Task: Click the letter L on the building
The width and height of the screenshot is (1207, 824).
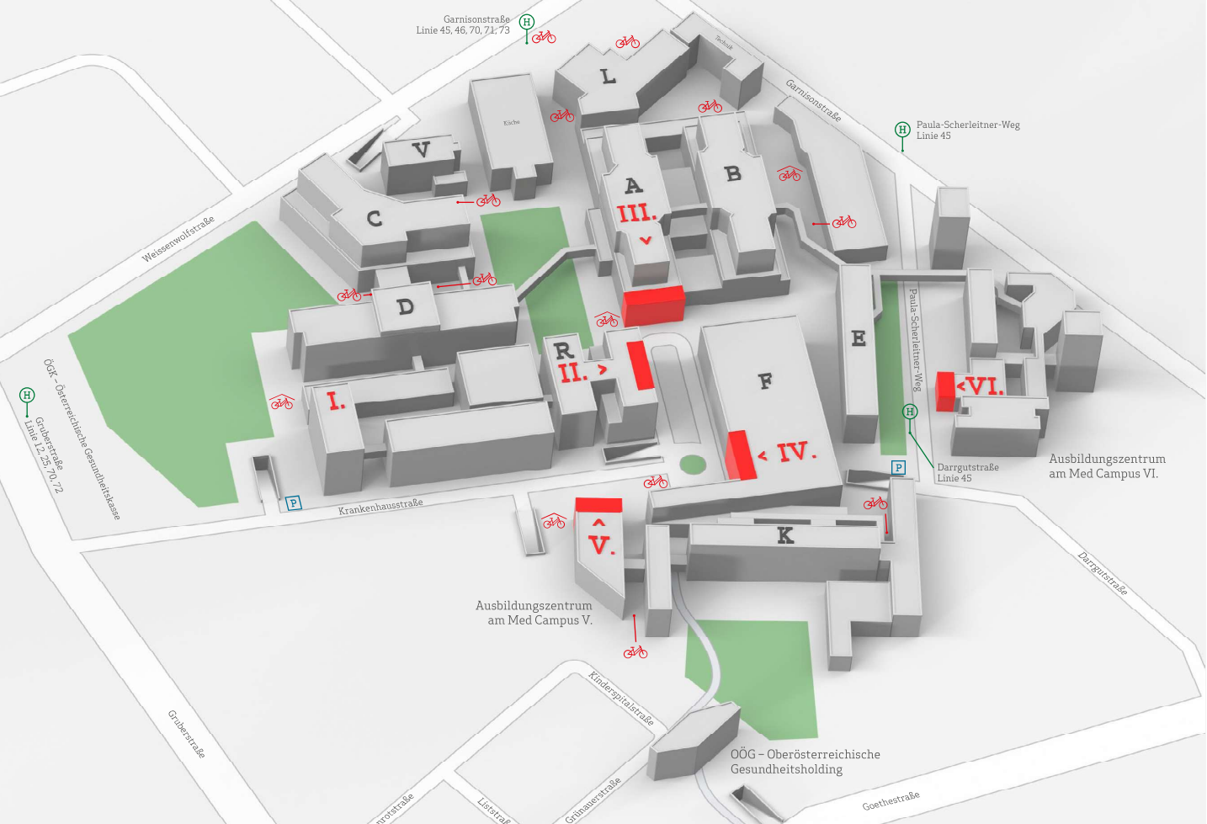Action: point(608,77)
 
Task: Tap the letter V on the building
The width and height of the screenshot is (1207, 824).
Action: point(421,151)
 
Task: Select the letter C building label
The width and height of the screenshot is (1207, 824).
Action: point(375,219)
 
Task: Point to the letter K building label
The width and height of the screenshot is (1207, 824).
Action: point(784,535)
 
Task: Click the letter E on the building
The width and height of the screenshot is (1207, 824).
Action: point(859,338)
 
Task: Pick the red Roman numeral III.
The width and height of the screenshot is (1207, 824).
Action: point(637,214)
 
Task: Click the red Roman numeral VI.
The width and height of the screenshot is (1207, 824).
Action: point(985,387)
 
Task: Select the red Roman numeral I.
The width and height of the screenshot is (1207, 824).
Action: point(336,401)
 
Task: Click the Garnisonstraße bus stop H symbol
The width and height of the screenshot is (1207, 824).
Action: point(527,22)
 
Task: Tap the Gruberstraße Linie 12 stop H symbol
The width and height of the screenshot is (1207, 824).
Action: point(27,396)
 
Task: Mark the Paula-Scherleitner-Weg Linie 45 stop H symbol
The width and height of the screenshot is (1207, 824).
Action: point(902,130)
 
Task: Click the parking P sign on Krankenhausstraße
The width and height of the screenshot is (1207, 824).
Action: point(293,503)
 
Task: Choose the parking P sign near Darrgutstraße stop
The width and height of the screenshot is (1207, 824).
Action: point(898,468)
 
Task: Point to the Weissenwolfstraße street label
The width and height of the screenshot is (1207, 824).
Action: point(178,239)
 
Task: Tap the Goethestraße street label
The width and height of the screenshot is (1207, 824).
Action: point(891,800)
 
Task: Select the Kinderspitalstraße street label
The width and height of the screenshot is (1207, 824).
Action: point(621,698)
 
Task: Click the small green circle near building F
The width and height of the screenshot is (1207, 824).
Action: point(692,464)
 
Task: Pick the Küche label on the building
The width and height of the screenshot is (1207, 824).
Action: point(511,123)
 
